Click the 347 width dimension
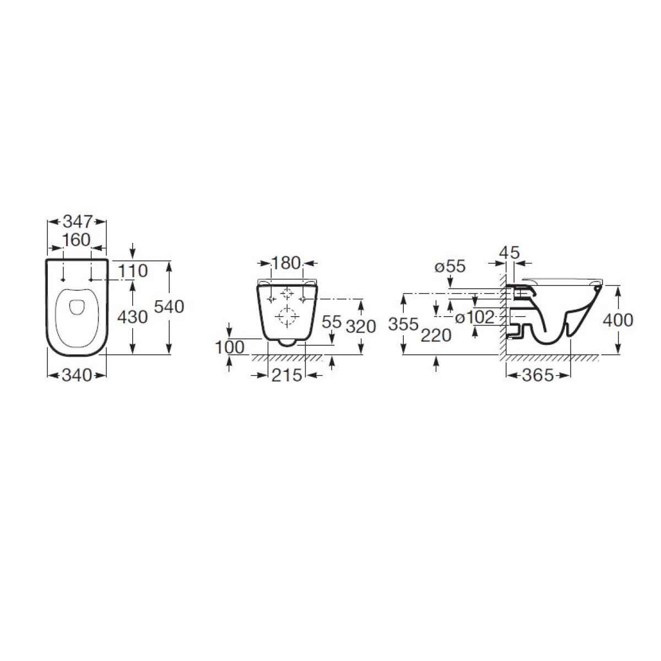click(x=78, y=221)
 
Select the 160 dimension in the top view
click(x=77, y=240)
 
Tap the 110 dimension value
click(x=133, y=271)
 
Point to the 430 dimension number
click(x=132, y=317)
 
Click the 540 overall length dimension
click(x=169, y=307)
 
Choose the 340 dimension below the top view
click(x=77, y=375)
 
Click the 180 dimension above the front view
click(x=286, y=263)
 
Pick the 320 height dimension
click(x=361, y=326)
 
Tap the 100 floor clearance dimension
click(x=230, y=348)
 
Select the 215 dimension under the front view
click(x=287, y=375)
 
